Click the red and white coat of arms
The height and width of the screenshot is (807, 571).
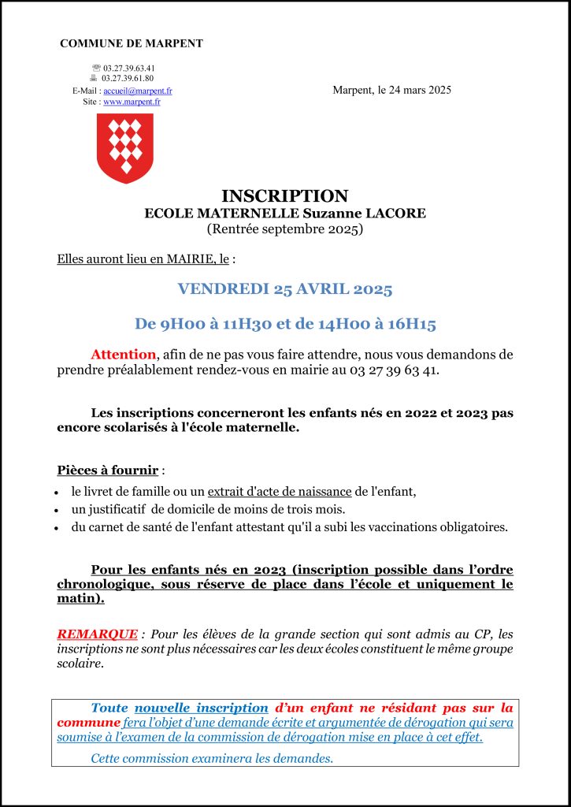coord(124,147)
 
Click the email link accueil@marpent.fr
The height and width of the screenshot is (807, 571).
coord(138,91)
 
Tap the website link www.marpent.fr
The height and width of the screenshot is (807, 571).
coord(132,102)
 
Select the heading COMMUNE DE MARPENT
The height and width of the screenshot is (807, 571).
coord(132,43)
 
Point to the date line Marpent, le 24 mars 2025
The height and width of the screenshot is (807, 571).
coord(391,90)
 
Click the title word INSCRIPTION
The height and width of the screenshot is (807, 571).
coord(284,196)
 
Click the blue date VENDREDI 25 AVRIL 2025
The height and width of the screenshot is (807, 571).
coord(284,288)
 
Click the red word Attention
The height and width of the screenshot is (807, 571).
coord(123,355)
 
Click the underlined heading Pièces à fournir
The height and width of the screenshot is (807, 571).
coord(108,470)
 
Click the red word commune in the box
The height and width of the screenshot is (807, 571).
coord(88,723)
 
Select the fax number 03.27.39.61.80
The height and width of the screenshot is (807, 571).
coord(128,78)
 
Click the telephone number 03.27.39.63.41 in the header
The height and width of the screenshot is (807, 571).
coord(128,68)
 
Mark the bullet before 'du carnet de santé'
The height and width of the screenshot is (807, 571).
coord(60,528)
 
